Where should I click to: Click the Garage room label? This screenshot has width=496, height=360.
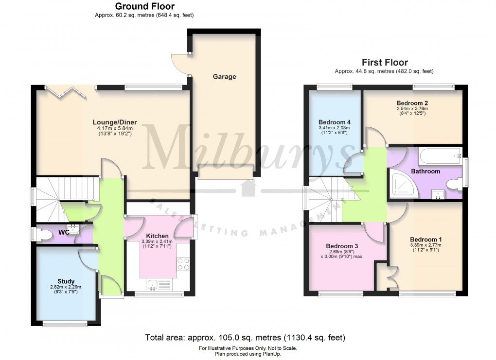point(224,76)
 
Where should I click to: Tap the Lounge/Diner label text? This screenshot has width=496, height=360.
point(115,122)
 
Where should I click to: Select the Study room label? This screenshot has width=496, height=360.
point(66,281)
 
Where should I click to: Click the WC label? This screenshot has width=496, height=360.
point(64,232)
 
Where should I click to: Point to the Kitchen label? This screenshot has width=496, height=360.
point(157,236)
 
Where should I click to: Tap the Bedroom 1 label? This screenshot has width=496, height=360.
point(425,239)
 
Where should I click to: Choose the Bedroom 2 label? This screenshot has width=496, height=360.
point(412,103)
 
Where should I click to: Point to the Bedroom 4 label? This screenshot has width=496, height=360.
point(335,122)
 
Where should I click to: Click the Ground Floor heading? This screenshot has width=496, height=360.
point(144,6)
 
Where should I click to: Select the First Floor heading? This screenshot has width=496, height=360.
point(384,62)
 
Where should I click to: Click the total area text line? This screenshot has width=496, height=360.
point(245,337)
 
